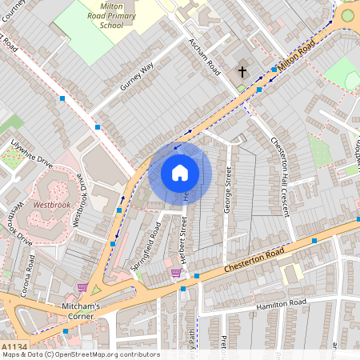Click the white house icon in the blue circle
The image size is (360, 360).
[x=180, y=172]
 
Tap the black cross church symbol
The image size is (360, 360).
[x=242, y=72]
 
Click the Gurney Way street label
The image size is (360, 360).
[x=136, y=80]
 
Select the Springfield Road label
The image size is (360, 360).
[x=146, y=244]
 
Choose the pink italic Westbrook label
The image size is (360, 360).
[x=53, y=205]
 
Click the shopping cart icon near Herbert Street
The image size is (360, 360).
[x=175, y=273]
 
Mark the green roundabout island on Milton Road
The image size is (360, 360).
[x=347, y=14]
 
